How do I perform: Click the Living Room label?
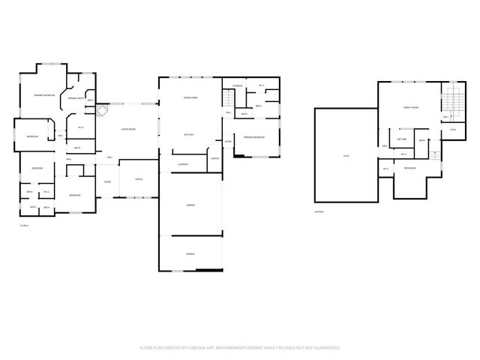(128, 130)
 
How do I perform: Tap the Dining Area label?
(190, 98)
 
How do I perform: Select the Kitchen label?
(190, 135)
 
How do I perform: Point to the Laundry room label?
(182, 164)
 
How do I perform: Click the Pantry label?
(214, 158)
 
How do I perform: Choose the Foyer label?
(107, 182)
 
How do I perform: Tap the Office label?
(139, 179)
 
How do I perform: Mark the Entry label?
(228, 141)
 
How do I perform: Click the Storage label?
(238, 86)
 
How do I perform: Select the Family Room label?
(410, 108)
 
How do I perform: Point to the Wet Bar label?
(401, 139)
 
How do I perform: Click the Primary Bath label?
(75, 98)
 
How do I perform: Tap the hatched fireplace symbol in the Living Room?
(101, 111)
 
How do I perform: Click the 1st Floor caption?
(22, 226)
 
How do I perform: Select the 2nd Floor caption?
(319, 212)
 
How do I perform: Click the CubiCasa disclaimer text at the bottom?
(240, 348)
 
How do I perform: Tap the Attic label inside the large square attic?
(346, 156)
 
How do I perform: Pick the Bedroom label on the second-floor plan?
(410, 168)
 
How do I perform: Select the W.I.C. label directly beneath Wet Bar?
(403, 154)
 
